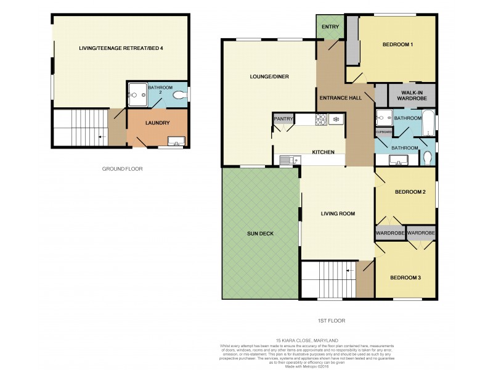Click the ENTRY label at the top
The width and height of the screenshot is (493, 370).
click(x=330, y=27)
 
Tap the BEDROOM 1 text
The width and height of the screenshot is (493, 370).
click(x=397, y=44)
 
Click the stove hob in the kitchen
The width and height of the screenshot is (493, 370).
click(x=322, y=119)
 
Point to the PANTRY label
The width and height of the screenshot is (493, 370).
click(x=283, y=119)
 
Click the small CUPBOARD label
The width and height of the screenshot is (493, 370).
click(x=384, y=132)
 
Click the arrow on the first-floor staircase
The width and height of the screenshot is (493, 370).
click(x=348, y=269)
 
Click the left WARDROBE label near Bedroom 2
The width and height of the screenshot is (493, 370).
click(x=390, y=233)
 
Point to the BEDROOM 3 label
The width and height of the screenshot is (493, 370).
click(x=405, y=277)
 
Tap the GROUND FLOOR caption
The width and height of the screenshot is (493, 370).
click(x=122, y=168)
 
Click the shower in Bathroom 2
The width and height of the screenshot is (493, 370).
click(x=137, y=96)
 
